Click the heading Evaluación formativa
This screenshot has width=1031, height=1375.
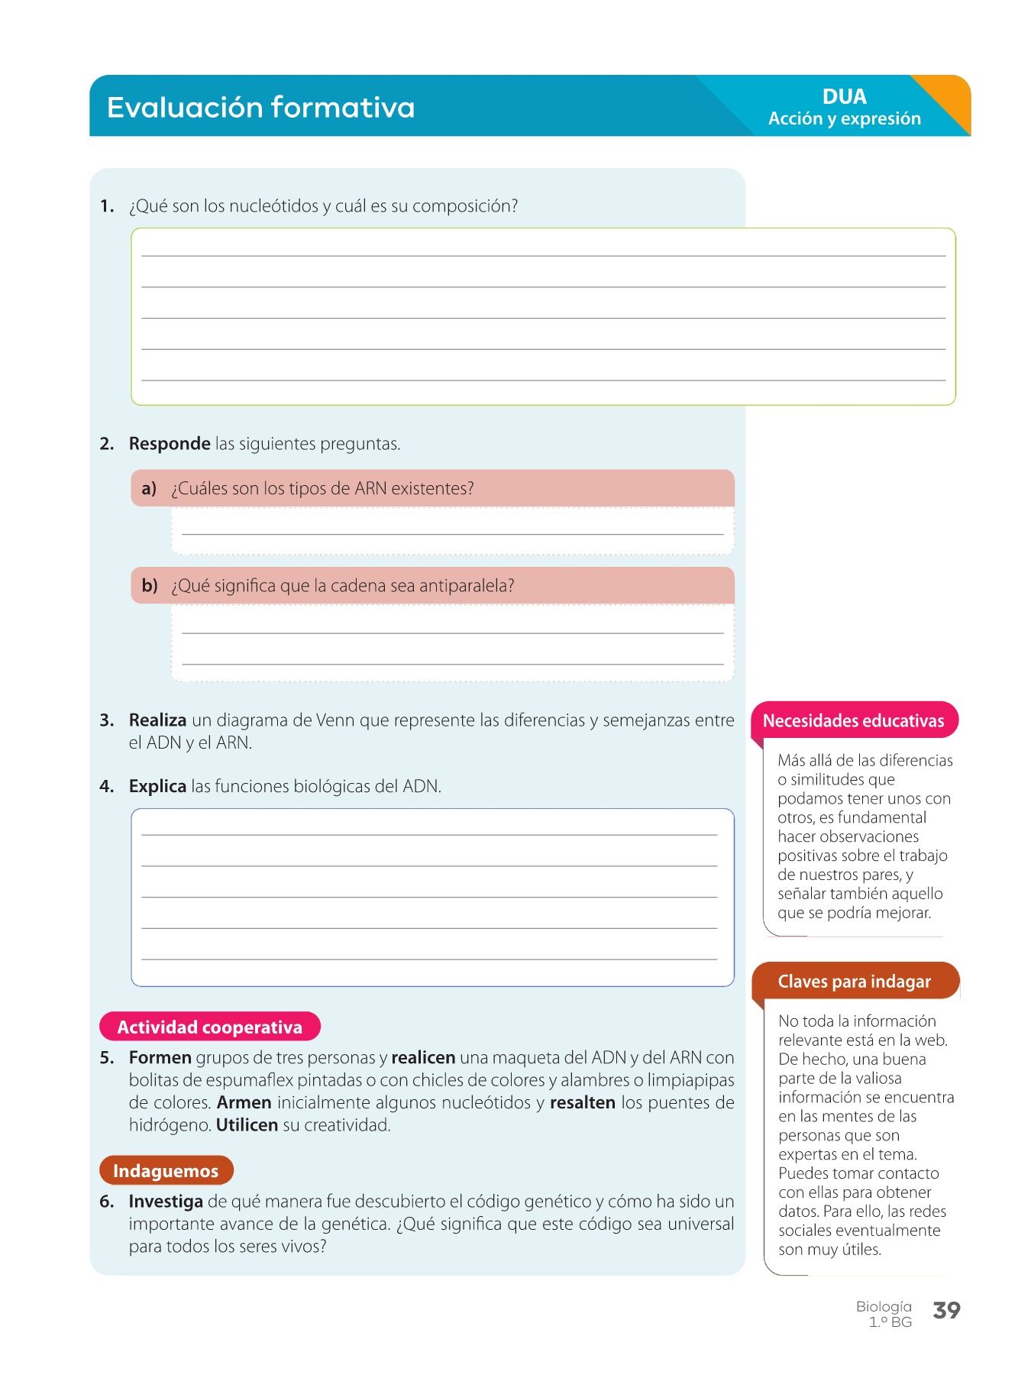[x=260, y=108]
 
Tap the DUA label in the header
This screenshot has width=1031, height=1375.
[x=844, y=97]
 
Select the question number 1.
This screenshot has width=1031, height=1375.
[x=107, y=206]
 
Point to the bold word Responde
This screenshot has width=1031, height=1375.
[x=170, y=444]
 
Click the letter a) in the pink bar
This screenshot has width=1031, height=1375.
[x=149, y=489]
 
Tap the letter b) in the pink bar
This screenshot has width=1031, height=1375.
[x=150, y=586]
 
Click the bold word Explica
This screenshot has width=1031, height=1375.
[x=157, y=787]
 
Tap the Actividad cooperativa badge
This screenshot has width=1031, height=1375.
[x=210, y=1027]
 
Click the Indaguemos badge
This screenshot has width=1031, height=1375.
[x=166, y=1171]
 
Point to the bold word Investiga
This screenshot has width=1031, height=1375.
[x=166, y=1202]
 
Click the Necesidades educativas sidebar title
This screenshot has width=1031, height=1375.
[x=853, y=721]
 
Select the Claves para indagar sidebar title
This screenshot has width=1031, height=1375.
[x=854, y=982]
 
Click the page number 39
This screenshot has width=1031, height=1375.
[x=946, y=1311]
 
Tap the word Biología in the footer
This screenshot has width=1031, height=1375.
[x=884, y=1307]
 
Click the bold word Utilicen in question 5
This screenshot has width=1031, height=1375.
[x=247, y=1125]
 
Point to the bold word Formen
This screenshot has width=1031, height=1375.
[x=160, y=1058]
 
